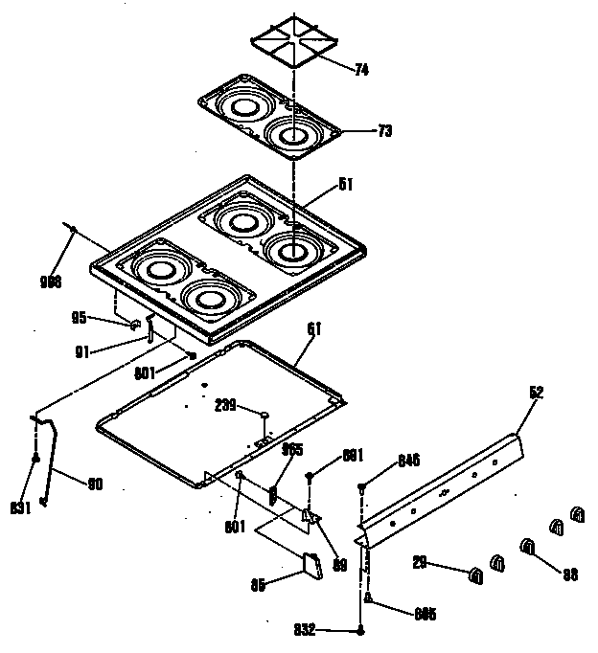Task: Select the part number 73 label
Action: tap(357, 130)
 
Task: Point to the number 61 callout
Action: tap(314, 328)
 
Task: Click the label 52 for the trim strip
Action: tap(537, 392)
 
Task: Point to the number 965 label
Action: tap(291, 448)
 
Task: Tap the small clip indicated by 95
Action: tap(135, 325)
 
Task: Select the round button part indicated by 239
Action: tap(262, 413)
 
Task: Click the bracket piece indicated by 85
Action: tap(311, 565)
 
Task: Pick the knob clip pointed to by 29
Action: tap(474, 574)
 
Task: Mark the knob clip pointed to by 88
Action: tap(527, 547)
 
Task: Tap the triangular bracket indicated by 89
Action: tap(309, 516)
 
